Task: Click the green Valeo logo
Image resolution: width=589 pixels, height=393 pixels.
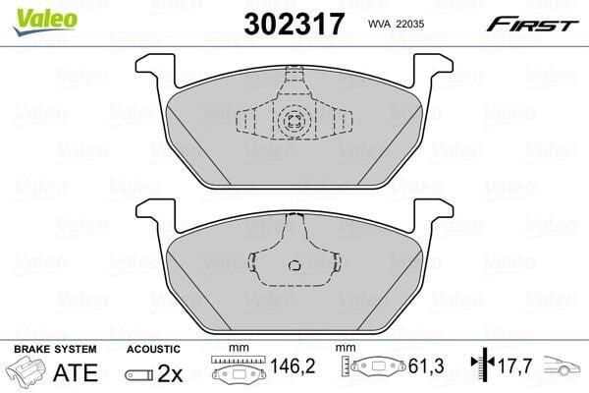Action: (45, 21)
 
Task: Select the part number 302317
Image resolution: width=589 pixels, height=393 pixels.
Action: (294, 24)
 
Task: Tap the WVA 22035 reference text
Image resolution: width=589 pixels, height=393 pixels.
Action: (396, 24)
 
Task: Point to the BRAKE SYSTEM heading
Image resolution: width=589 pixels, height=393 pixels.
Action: (55, 350)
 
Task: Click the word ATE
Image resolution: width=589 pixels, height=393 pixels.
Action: (76, 372)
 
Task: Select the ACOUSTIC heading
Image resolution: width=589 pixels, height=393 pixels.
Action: (153, 350)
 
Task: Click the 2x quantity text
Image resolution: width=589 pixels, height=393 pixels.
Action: (170, 373)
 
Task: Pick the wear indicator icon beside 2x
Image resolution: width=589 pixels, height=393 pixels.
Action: (139, 375)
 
